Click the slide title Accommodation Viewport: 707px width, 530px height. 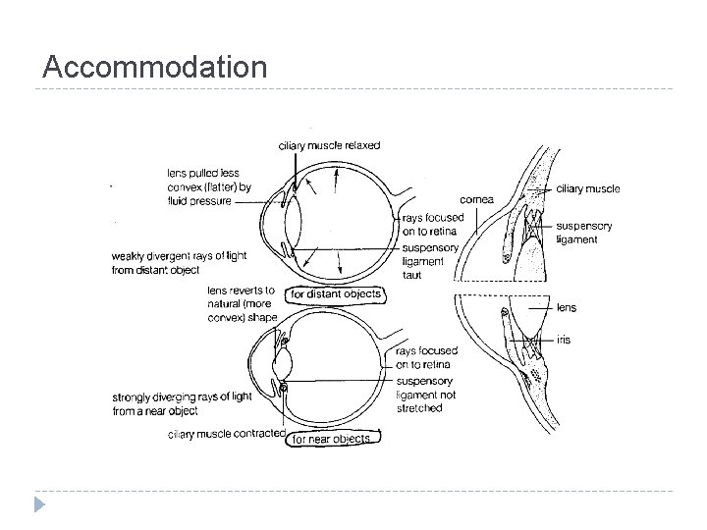[155, 68]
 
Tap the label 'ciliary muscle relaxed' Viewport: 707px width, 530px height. [329, 145]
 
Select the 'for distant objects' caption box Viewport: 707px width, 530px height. [335, 294]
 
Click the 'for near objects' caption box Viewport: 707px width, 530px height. [333, 439]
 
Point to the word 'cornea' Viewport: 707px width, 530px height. [475, 199]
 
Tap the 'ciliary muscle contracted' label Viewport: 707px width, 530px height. [227, 434]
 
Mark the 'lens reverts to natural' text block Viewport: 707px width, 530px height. [242, 304]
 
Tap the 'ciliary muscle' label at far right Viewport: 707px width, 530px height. [587, 188]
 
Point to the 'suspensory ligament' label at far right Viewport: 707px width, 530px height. [583, 233]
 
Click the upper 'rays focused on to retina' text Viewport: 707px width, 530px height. [429, 224]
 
